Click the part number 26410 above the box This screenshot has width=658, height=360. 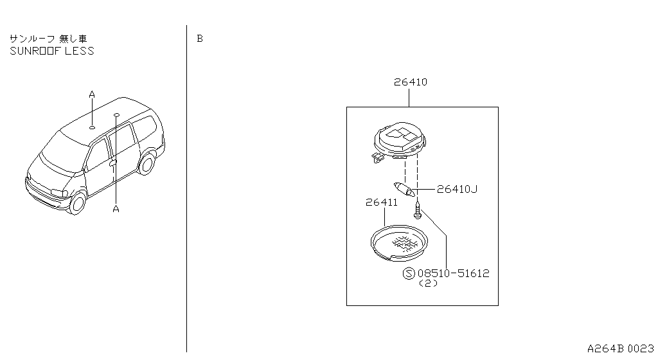click(411, 82)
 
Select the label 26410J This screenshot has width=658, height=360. click(457, 189)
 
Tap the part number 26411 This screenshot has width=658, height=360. click(382, 203)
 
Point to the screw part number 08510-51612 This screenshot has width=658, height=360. click(454, 274)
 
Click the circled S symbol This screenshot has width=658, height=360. click(409, 274)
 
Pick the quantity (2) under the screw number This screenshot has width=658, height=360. click(428, 283)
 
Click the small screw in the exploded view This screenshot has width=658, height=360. click(418, 210)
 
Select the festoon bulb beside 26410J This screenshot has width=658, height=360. click(405, 190)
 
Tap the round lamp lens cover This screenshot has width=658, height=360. click(399, 243)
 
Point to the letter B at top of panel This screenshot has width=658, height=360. click(200, 39)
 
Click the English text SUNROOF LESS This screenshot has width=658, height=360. click(52, 51)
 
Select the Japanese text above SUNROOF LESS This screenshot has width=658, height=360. click(48, 39)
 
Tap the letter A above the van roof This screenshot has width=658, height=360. click(92, 94)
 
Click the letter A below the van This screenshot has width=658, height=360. click(116, 208)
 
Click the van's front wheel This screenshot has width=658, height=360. click(78, 203)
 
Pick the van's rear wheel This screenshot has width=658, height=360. click(147, 164)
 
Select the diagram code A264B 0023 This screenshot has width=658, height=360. click(620, 348)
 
